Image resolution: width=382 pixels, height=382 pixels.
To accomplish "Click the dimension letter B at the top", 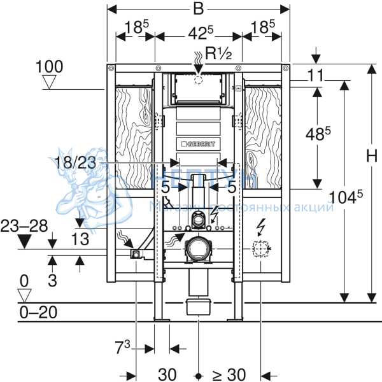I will click(198, 10).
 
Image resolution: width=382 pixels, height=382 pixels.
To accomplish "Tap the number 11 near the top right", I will click(315, 75).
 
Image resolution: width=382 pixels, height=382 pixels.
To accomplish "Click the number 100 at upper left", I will click(49, 66).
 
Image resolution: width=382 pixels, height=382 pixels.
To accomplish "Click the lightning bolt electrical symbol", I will click(260, 227).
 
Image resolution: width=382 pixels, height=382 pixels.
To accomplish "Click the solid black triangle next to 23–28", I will click(25, 241).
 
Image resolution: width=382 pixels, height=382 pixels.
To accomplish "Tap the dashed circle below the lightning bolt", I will click(260, 249).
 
